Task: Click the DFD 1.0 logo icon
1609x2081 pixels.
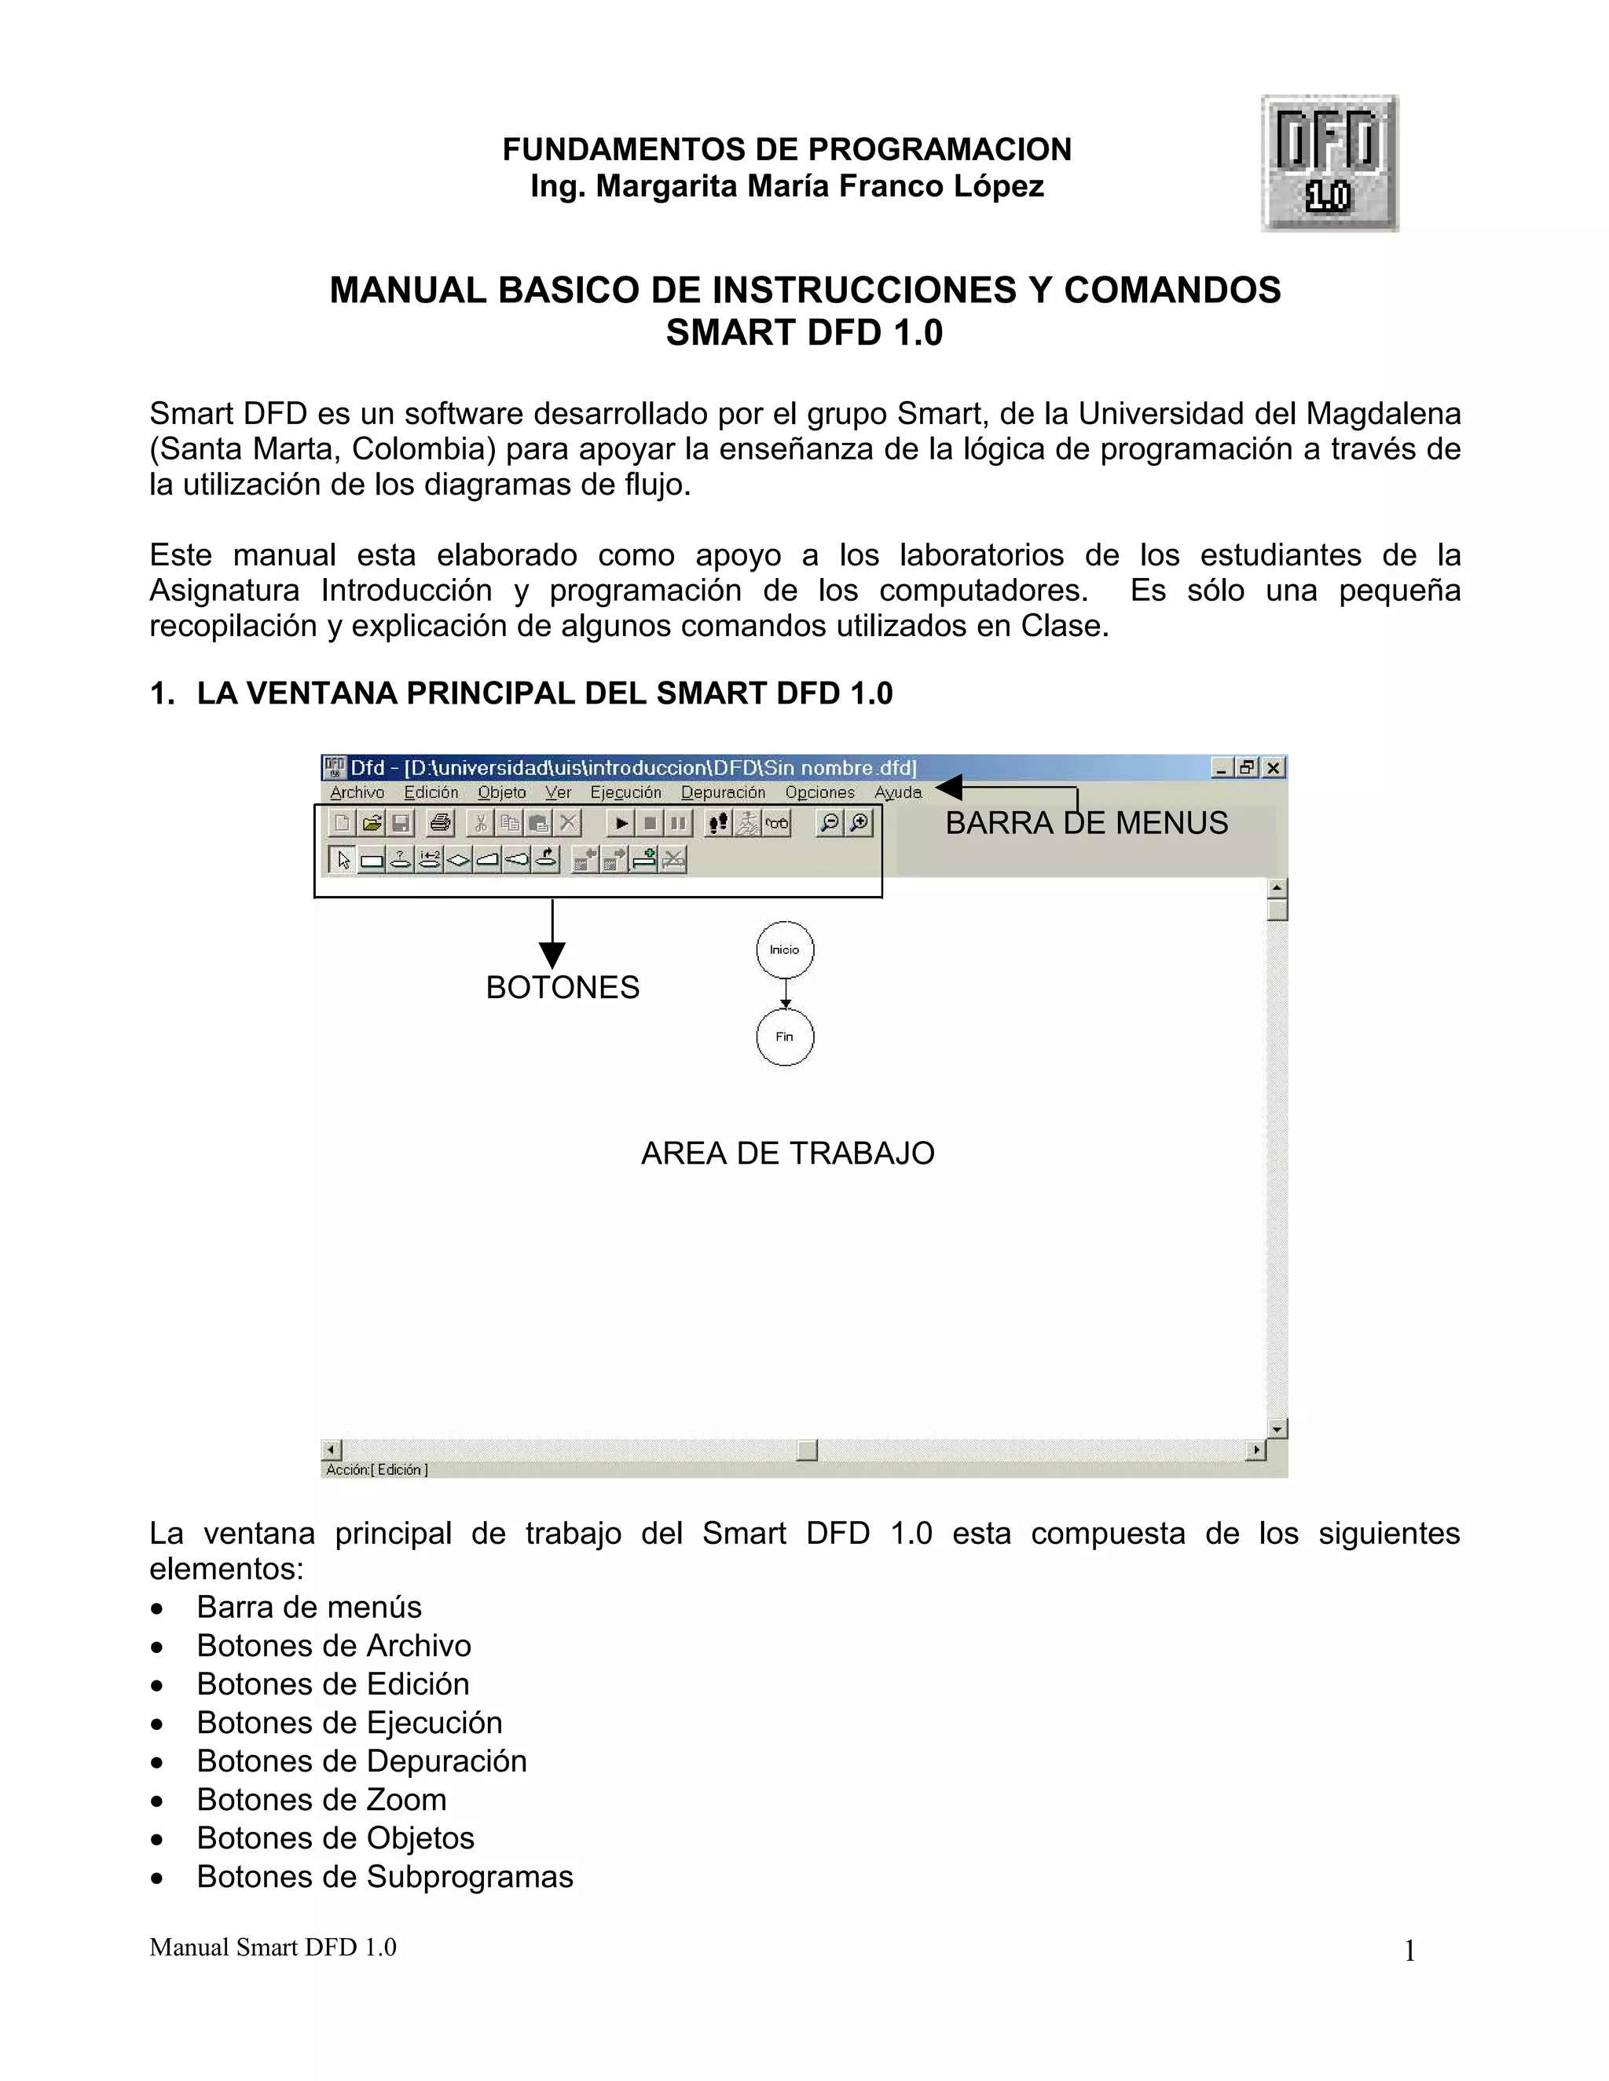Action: pos(1330,163)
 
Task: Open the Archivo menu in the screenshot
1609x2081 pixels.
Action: pos(357,793)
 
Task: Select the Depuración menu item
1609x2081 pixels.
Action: pos(723,793)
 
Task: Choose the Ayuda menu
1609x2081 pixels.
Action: pos(898,793)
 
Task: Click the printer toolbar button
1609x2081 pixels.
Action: pos(439,823)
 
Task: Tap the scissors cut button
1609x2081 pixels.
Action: pos(480,823)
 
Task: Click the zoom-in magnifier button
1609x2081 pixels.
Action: pos(859,823)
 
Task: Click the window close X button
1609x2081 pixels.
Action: pos(1274,768)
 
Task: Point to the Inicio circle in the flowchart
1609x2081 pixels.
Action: pos(785,950)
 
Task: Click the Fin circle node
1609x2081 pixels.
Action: pos(785,1037)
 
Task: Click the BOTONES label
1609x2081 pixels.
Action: pos(563,988)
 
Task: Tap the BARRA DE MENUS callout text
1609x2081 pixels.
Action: pos(1086,823)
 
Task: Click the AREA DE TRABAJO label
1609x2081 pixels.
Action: pos(787,1154)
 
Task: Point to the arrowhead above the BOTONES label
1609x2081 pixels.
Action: pos(552,955)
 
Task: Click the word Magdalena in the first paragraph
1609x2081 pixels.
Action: pos(1383,414)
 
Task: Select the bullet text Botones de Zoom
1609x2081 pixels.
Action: pos(321,1800)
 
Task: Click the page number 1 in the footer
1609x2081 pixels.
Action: pos(1409,1952)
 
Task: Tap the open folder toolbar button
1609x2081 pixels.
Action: pos(372,823)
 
